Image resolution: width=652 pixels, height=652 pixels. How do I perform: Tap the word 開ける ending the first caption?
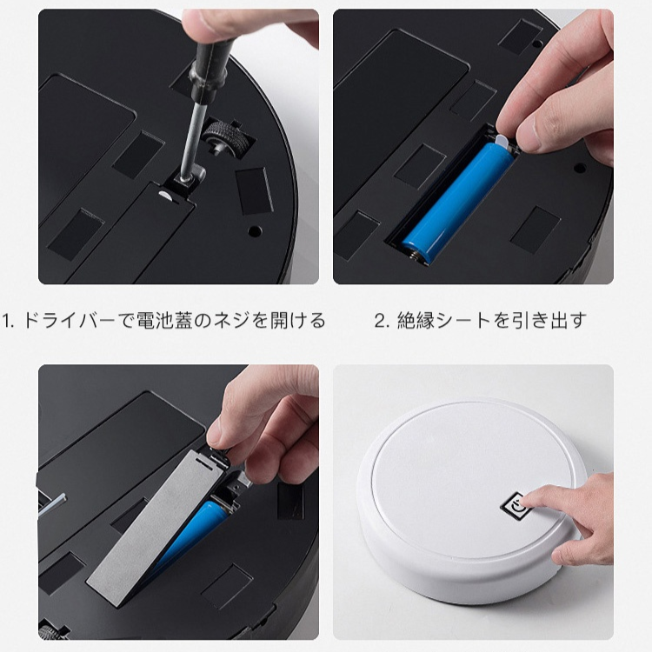(296, 321)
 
